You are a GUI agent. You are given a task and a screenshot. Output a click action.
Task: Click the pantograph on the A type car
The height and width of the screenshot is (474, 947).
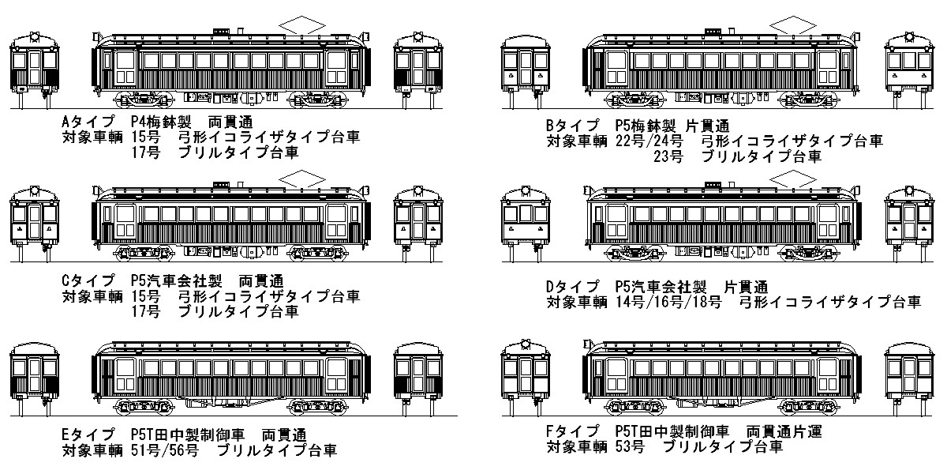tap(303, 24)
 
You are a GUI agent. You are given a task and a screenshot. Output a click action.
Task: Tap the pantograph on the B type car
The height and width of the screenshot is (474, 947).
tap(794, 26)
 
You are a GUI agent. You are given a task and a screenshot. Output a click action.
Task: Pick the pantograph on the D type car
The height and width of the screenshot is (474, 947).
tap(794, 179)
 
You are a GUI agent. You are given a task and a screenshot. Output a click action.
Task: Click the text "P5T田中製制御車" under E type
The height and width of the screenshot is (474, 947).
tap(189, 435)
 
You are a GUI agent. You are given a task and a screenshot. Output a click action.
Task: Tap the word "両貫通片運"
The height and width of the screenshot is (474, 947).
tap(783, 432)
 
